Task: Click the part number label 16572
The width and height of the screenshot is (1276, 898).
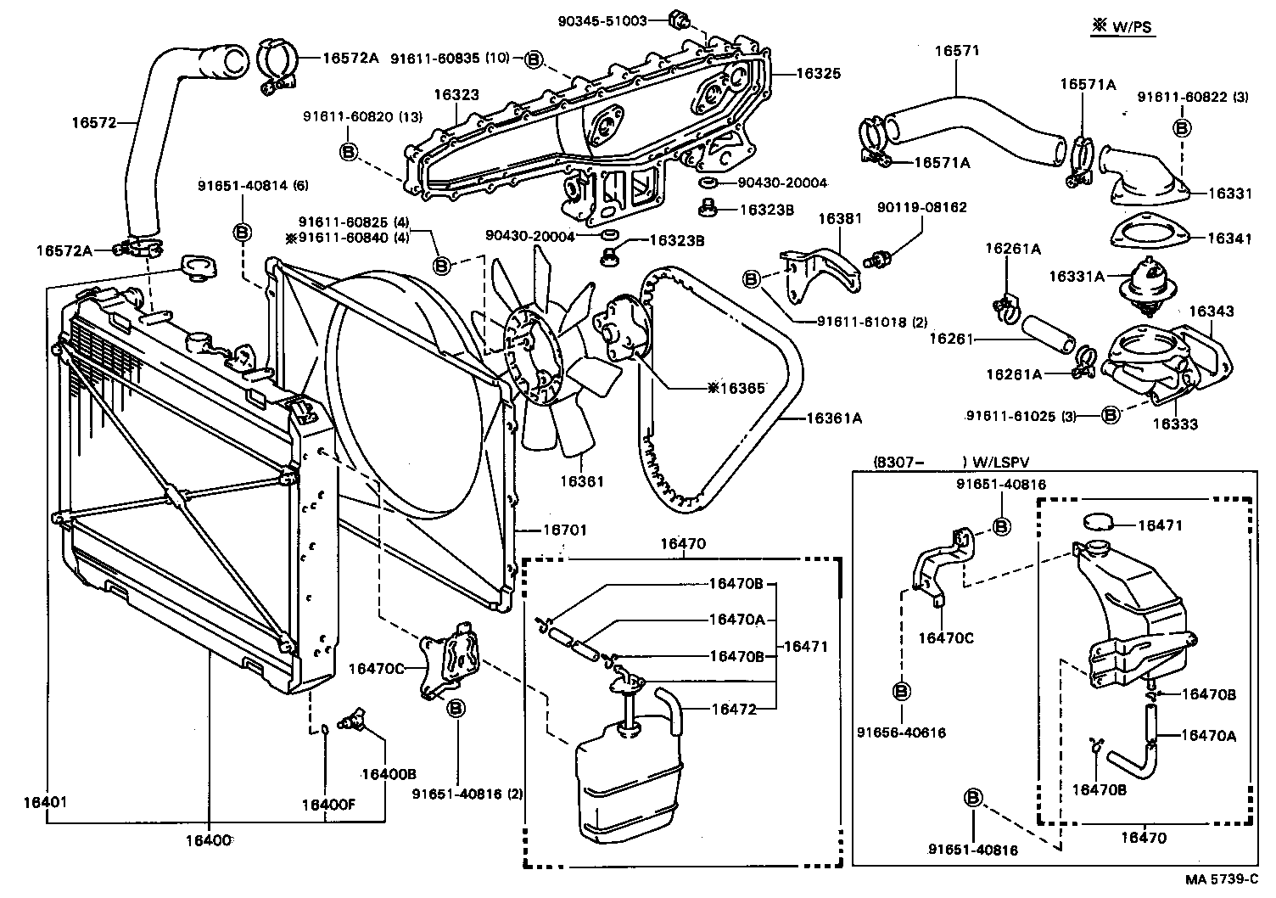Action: (x=92, y=122)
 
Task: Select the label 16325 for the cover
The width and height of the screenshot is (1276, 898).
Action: (x=818, y=74)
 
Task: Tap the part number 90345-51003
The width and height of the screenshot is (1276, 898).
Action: (x=603, y=20)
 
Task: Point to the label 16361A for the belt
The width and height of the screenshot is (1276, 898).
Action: (x=833, y=418)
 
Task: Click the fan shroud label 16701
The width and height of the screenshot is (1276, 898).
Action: (x=564, y=530)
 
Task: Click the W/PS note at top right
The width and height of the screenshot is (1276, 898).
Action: (x=1122, y=27)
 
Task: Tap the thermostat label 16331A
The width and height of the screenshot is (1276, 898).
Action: (x=1077, y=276)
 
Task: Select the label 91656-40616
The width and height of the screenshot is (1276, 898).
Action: (x=900, y=732)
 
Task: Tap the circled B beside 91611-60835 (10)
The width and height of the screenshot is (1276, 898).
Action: (x=533, y=59)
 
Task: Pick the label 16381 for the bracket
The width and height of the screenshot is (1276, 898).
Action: (x=840, y=219)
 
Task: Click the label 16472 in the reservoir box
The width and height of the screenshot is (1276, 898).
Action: (x=734, y=709)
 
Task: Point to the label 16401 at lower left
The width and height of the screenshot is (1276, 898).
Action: (x=46, y=801)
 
